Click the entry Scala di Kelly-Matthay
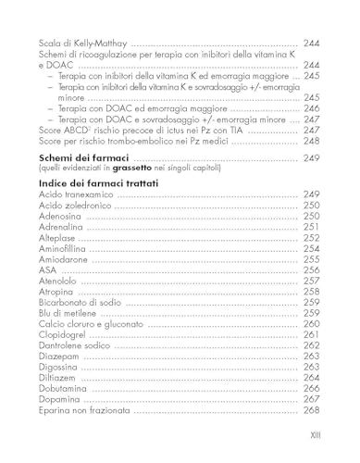[x=84, y=44]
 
